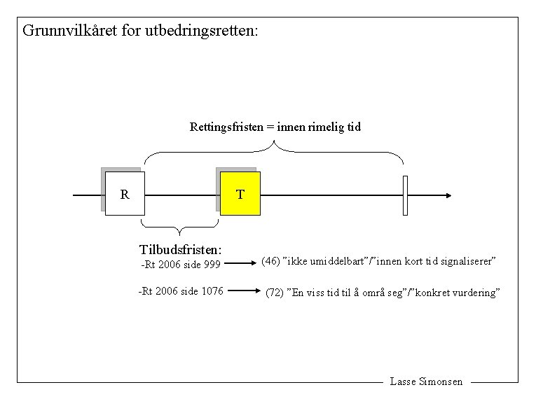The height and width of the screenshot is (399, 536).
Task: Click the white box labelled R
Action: point(125,194)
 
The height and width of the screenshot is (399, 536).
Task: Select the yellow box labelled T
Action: point(240,194)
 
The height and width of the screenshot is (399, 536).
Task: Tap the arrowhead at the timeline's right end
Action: point(448,195)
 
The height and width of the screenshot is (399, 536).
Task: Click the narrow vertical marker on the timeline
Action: point(405,195)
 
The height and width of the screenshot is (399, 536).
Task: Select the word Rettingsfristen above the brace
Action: point(225,127)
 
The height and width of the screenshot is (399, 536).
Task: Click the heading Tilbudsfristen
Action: point(181,250)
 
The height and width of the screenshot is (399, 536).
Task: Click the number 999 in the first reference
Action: point(212,265)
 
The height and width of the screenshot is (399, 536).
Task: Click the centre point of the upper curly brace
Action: point(275,145)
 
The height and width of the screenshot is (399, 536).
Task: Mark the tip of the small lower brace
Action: point(180,234)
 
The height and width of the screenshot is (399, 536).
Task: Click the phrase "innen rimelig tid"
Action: point(319,127)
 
